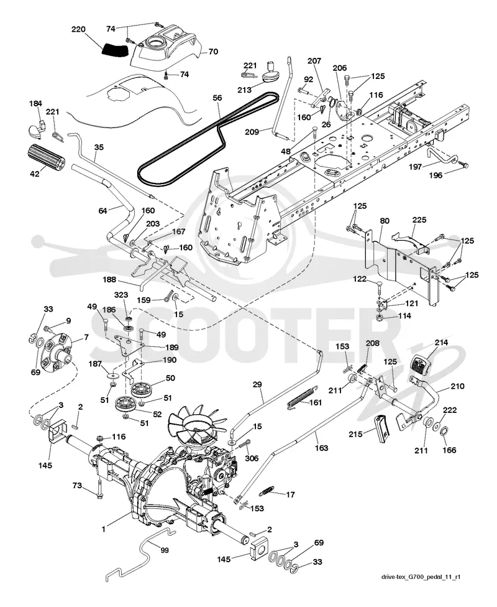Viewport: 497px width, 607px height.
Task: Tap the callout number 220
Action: pos(79,29)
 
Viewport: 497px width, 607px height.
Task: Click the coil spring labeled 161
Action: pos(301,396)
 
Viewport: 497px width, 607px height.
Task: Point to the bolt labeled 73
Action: pos(99,488)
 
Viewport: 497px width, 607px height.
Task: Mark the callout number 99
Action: pos(165,550)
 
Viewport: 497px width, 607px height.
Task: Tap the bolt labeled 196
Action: pos(465,165)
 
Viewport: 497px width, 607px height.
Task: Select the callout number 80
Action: pos(385,221)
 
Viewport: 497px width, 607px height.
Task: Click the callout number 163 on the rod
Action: pos(321,448)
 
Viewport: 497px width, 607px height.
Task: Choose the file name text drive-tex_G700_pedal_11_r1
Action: pos(421,577)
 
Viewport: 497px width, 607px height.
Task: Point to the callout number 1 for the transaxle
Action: pos(103,529)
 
